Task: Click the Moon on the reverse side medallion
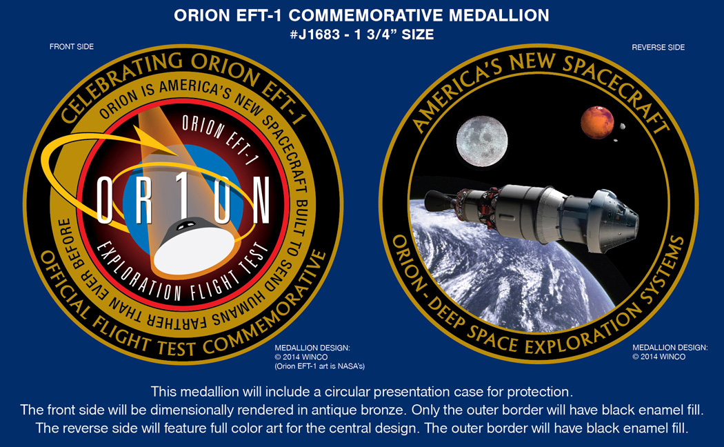(x=482, y=141)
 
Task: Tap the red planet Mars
(x=597, y=122)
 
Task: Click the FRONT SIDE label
(x=72, y=47)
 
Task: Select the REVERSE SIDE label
(x=658, y=47)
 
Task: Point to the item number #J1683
(x=315, y=34)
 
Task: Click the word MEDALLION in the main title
(x=499, y=15)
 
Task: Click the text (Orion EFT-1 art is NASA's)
(x=319, y=366)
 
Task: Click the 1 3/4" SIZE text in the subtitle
(x=394, y=34)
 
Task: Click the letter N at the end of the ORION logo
(x=261, y=199)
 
